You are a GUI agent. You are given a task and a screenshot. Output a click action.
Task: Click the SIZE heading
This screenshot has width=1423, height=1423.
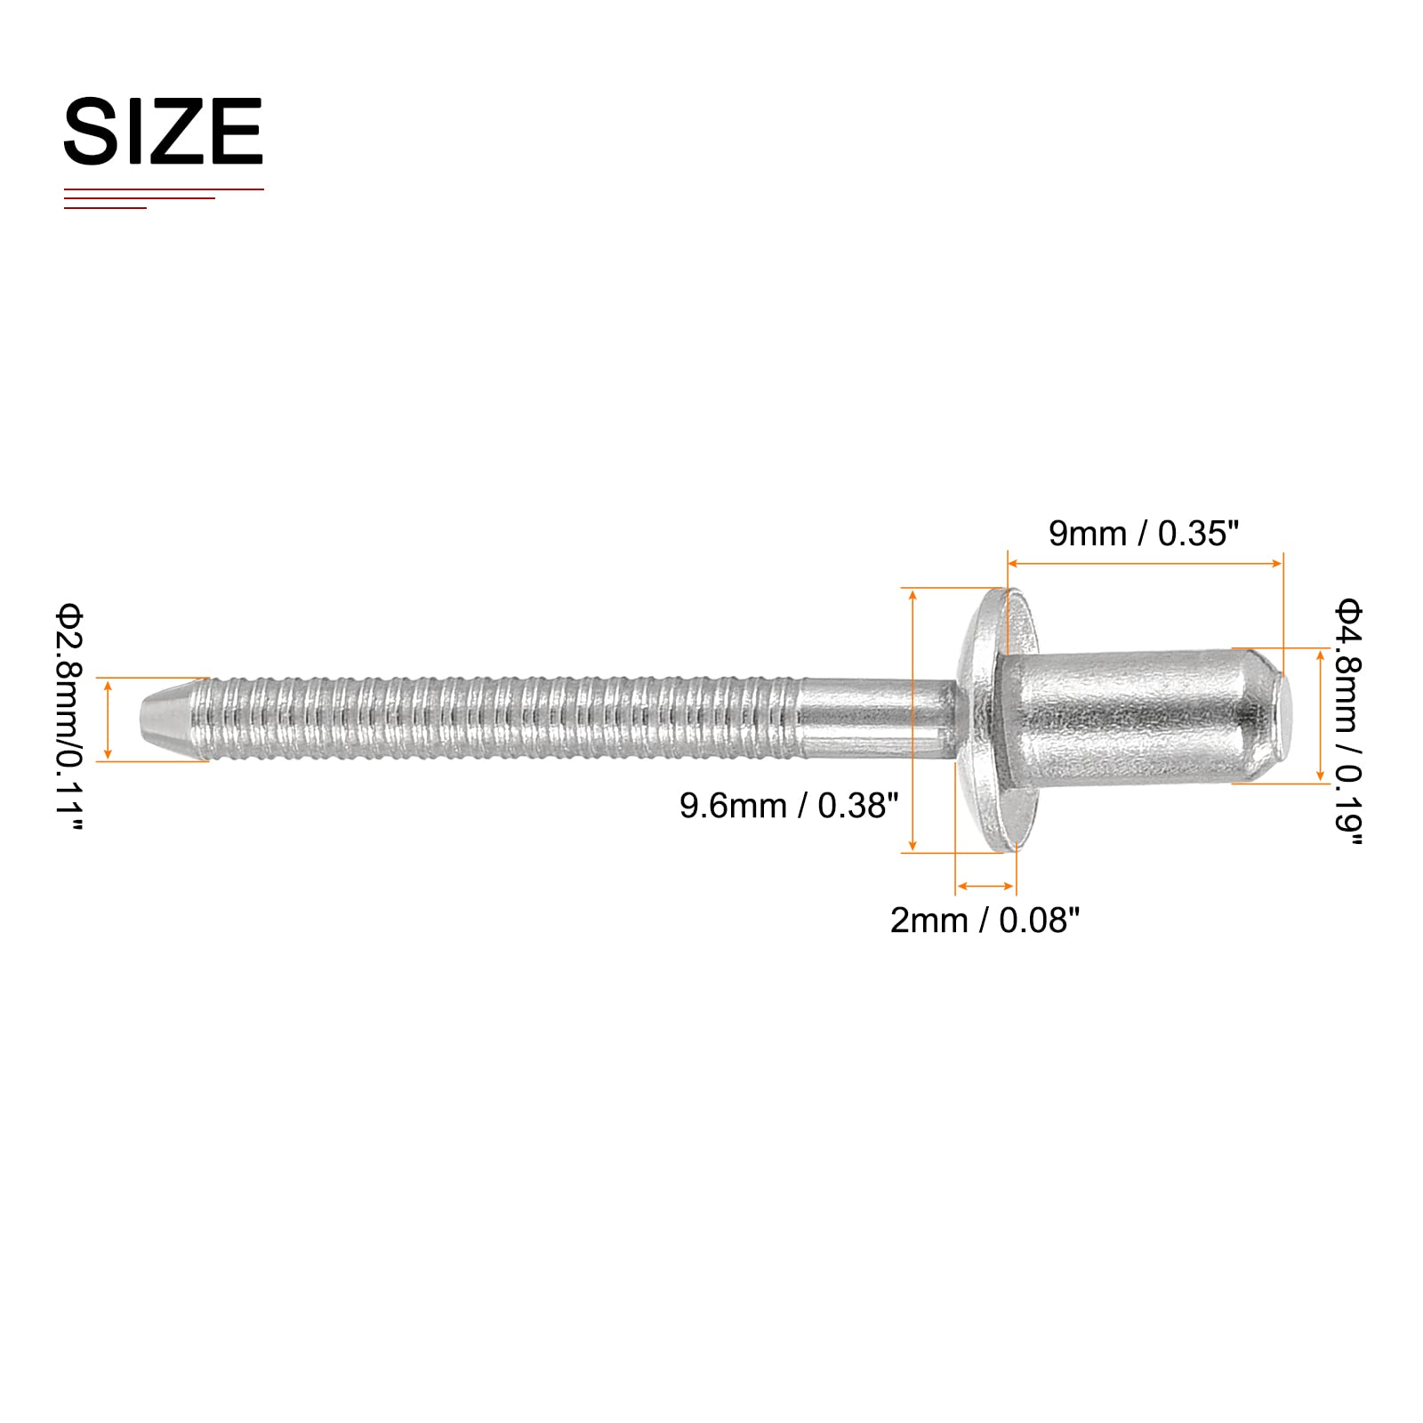164,131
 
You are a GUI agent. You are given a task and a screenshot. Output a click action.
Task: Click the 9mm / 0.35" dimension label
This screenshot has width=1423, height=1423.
1144,534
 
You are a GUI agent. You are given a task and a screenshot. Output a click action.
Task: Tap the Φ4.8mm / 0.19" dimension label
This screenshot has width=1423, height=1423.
1347,722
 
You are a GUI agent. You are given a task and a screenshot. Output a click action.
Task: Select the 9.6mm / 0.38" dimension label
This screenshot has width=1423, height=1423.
789,806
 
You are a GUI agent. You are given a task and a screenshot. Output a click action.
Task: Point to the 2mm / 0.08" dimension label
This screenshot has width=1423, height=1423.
985,921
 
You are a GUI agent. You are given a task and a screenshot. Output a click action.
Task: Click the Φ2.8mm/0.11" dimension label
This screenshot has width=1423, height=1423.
68,718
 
